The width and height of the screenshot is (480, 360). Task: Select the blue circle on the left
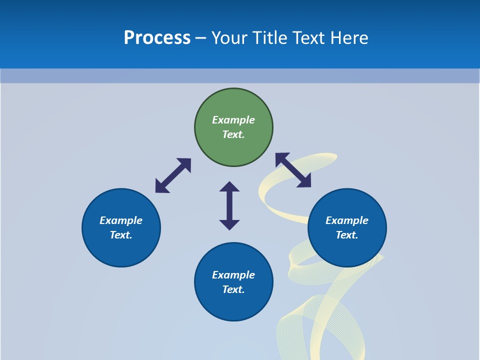point(121,250)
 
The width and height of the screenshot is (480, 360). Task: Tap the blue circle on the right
point(347,250)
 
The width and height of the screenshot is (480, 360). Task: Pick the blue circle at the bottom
point(233,305)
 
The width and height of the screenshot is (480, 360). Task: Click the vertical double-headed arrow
point(229,205)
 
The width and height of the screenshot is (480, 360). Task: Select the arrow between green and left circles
point(173,175)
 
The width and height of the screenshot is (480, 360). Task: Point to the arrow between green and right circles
point(293,170)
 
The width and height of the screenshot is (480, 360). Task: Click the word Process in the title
point(157,38)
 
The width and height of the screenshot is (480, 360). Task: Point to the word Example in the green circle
point(233,120)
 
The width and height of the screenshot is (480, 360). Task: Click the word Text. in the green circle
point(233,134)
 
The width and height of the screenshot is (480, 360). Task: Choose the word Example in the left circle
point(121,220)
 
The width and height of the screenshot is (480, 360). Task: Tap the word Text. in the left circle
point(121,235)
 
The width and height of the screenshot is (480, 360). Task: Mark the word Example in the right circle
point(347,220)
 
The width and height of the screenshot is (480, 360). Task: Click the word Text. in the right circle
point(347,235)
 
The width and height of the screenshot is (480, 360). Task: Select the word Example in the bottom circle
point(233,275)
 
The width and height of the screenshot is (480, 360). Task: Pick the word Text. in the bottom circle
point(233,289)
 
